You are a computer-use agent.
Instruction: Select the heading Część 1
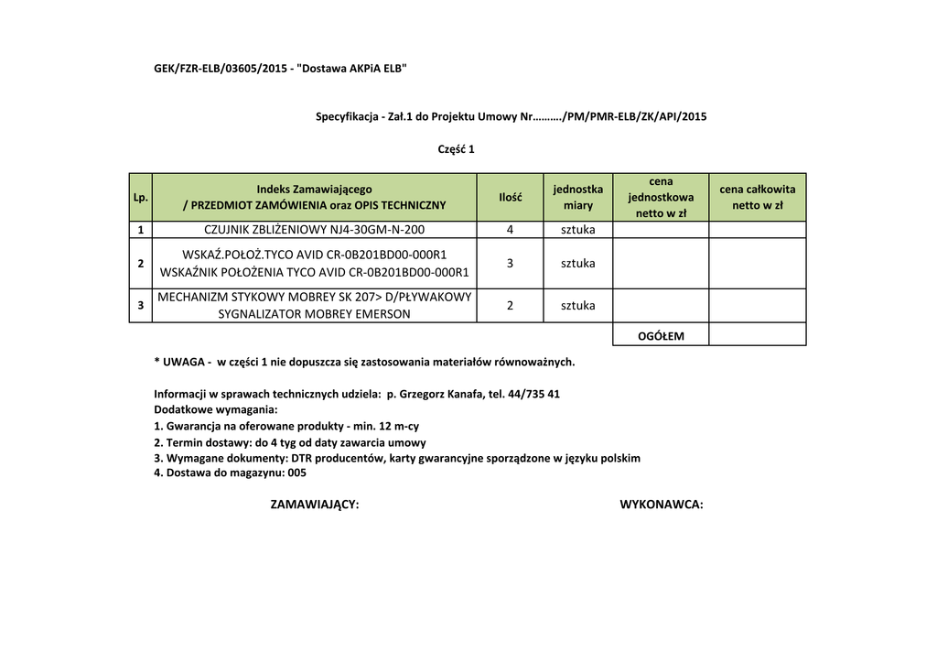coord(457,149)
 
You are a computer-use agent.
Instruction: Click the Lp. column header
coord(140,197)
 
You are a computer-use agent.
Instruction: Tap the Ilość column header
coord(510,197)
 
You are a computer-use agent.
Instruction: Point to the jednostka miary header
coord(578,197)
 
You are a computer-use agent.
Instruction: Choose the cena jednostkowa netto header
coord(661,197)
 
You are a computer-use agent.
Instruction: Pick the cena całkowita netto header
coord(757,197)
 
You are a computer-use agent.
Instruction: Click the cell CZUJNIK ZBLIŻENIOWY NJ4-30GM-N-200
coord(314,229)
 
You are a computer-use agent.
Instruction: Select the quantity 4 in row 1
coord(510,229)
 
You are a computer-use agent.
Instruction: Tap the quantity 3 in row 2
coord(510,264)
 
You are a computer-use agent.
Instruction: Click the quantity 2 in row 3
coord(510,305)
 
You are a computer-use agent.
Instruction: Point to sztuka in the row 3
coord(578,305)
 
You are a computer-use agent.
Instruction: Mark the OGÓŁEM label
coord(661,336)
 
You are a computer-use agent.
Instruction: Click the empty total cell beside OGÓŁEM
coord(757,334)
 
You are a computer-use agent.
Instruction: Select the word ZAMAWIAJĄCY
coord(315,505)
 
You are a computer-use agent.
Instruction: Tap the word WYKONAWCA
coord(661,505)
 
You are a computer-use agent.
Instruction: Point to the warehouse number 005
coord(296,473)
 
